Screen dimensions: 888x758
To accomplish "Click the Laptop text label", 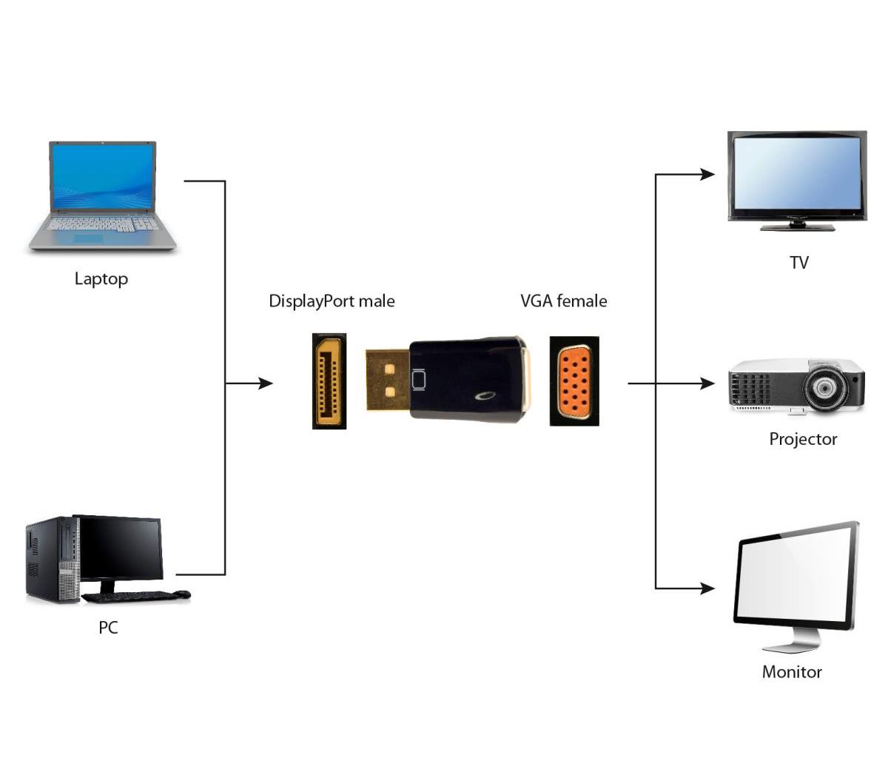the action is tap(101, 279).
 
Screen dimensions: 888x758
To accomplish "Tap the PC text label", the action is tap(108, 628).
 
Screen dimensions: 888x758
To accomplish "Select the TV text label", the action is tap(799, 263).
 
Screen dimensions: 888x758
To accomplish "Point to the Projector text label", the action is tap(803, 440).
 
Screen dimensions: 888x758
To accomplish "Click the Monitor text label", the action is tap(792, 672).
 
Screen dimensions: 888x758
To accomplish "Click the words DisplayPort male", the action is tap(332, 302).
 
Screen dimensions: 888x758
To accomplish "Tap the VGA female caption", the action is tap(564, 301).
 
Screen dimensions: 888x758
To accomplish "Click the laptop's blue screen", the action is tap(102, 177).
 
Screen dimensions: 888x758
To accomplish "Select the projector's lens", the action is tap(824, 388).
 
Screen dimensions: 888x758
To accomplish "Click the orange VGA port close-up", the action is tap(574, 381).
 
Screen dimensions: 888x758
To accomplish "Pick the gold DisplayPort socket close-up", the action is tap(329, 381).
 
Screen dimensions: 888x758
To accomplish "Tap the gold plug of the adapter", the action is tap(388, 380).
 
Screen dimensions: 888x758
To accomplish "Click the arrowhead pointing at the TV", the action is tap(707, 175).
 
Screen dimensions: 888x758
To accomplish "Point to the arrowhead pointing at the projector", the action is tap(707, 383).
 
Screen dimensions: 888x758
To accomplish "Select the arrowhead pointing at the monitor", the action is tap(707, 588).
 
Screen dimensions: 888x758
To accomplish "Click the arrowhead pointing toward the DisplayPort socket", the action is tap(266, 383).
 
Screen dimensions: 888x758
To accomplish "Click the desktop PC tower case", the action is tap(53, 560).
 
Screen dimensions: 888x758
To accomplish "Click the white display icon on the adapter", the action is tap(418, 380).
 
